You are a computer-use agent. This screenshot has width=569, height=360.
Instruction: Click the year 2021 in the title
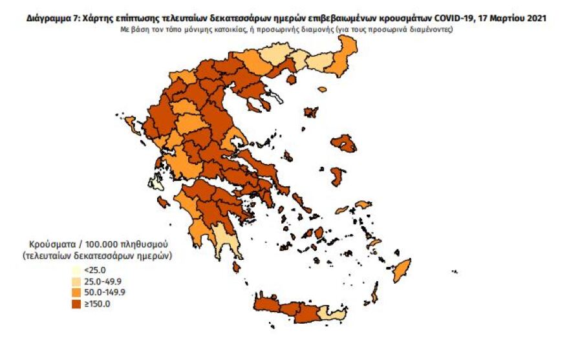(531, 19)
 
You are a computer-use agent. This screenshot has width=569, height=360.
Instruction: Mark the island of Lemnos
(311, 112)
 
